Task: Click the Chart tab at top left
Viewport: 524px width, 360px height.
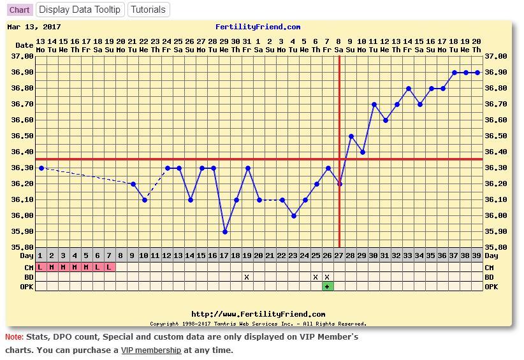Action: pyautogui.click(x=19, y=10)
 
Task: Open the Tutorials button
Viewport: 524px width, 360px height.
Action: pyautogui.click(x=148, y=10)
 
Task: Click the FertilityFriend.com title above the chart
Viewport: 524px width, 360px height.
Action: pyautogui.click(x=258, y=27)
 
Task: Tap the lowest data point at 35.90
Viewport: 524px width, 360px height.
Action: pyautogui.click(x=225, y=232)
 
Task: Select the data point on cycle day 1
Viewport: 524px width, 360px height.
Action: pyautogui.click(x=41, y=168)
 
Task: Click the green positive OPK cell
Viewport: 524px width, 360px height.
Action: pyautogui.click(x=328, y=287)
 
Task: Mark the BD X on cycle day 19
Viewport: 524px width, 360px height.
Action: pyautogui.click(x=247, y=277)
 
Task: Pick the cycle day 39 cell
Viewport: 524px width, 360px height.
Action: pyautogui.click(x=477, y=256)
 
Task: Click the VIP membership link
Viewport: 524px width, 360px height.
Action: pyautogui.click(x=151, y=350)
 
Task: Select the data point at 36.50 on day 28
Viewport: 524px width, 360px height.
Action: pyautogui.click(x=351, y=136)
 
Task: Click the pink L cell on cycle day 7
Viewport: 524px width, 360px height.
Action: pyautogui.click(x=110, y=268)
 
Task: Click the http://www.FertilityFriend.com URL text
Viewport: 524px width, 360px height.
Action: pyautogui.click(x=258, y=314)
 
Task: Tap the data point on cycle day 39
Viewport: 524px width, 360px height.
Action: pyautogui.click(x=477, y=73)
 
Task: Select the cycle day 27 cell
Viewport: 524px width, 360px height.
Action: pyautogui.click(x=339, y=256)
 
